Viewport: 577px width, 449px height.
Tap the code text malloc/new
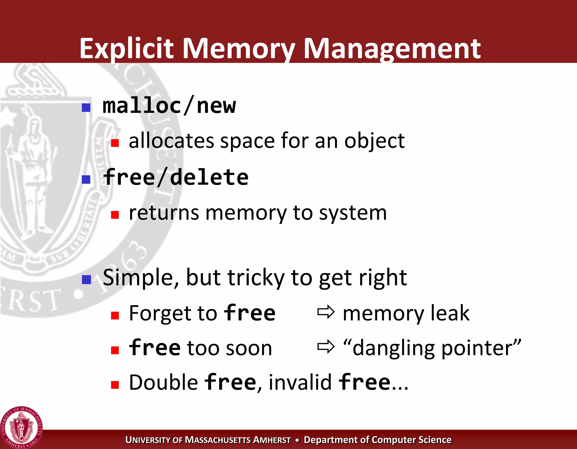[x=169, y=106]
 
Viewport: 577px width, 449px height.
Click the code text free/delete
[x=176, y=178]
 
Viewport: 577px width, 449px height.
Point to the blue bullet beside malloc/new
[x=86, y=107]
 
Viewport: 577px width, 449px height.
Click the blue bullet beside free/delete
[x=86, y=179]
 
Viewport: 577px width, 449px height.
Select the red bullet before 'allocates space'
[x=115, y=143]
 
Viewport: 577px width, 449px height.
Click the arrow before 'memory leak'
[x=326, y=312]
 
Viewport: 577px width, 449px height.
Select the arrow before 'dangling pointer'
[x=326, y=347]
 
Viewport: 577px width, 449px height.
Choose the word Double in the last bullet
[x=163, y=382]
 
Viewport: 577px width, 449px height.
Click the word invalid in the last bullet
[x=300, y=382]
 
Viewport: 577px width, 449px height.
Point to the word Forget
[x=159, y=313]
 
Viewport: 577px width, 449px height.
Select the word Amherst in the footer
[x=272, y=440]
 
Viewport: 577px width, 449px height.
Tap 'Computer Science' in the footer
[x=412, y=440]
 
